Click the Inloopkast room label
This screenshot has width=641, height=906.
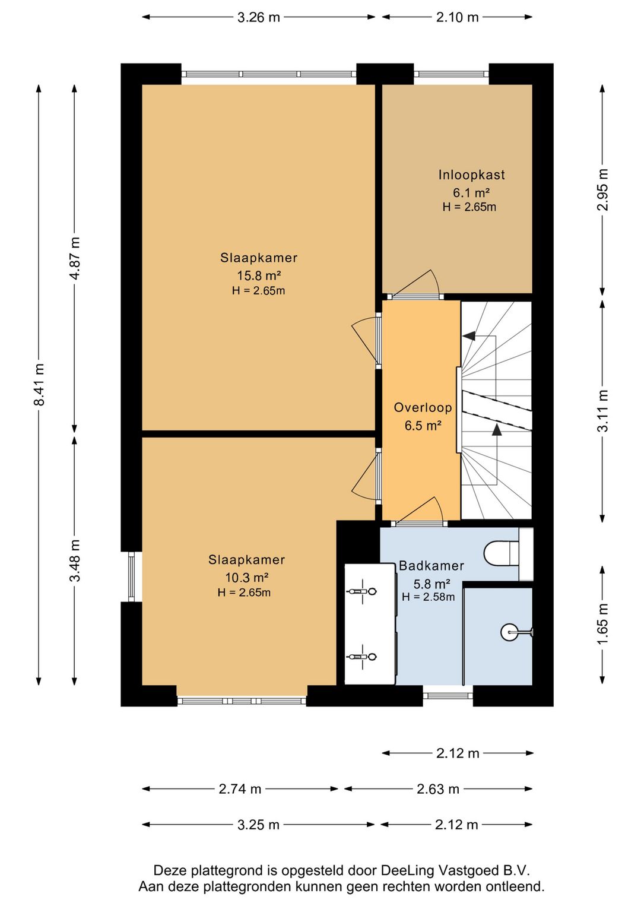click(471, 175)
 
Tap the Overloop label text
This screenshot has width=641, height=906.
click(423, 407)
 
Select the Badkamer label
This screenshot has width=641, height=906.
click(431, 565)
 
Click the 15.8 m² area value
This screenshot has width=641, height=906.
click(259, 276)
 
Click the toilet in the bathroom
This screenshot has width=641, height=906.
click(502, 554)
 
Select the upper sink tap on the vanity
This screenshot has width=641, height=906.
click(362, 591)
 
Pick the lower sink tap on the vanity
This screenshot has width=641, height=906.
click(362, 657)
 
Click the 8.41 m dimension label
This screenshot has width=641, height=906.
click(39, 385)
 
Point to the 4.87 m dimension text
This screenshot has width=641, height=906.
click(74, 258)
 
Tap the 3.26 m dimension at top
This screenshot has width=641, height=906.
click(258, 17)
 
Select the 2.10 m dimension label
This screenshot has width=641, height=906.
click(458, 17)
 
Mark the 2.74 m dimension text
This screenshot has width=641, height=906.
click(240, 788)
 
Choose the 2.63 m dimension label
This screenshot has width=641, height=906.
click(438, 788)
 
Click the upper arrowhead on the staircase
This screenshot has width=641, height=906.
click(468, 335)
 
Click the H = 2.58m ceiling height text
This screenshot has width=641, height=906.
click(429, 597)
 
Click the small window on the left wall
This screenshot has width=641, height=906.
click(131, 576)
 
